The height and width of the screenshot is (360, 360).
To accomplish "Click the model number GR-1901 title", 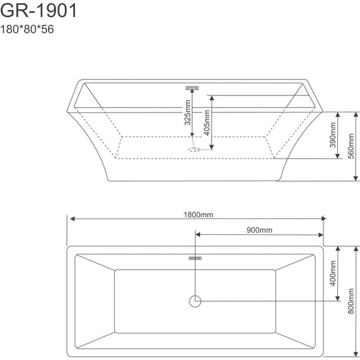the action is [38, 11].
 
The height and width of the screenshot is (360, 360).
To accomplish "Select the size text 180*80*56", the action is [27, 29].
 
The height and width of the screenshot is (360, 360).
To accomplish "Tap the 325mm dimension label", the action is [188, 112].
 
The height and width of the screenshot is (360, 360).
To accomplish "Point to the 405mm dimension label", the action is [207, 123].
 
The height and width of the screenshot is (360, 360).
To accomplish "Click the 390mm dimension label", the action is [333, 135].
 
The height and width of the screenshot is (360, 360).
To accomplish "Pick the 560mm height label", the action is [351, 146].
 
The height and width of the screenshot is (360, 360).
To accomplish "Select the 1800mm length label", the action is [198, 215].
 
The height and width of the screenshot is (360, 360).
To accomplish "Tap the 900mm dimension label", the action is [260, 230].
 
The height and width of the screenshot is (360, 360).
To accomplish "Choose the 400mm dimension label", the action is [333, 273].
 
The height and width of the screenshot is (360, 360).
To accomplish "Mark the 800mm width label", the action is [351, 301].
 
